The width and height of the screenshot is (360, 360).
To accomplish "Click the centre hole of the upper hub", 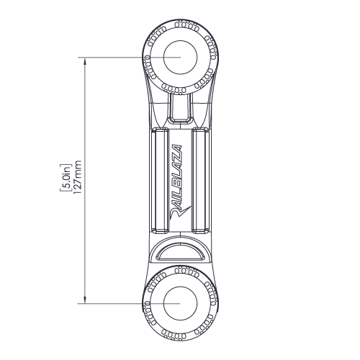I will coord(180,56).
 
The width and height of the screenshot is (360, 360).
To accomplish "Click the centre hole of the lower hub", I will coord(180,303).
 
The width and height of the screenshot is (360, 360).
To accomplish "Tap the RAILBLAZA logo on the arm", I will coord(179,179).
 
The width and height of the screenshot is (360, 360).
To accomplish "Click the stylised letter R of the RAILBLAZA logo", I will coord(179,212).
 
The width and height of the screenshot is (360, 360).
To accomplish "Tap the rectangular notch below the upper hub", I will coord(180,108).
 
